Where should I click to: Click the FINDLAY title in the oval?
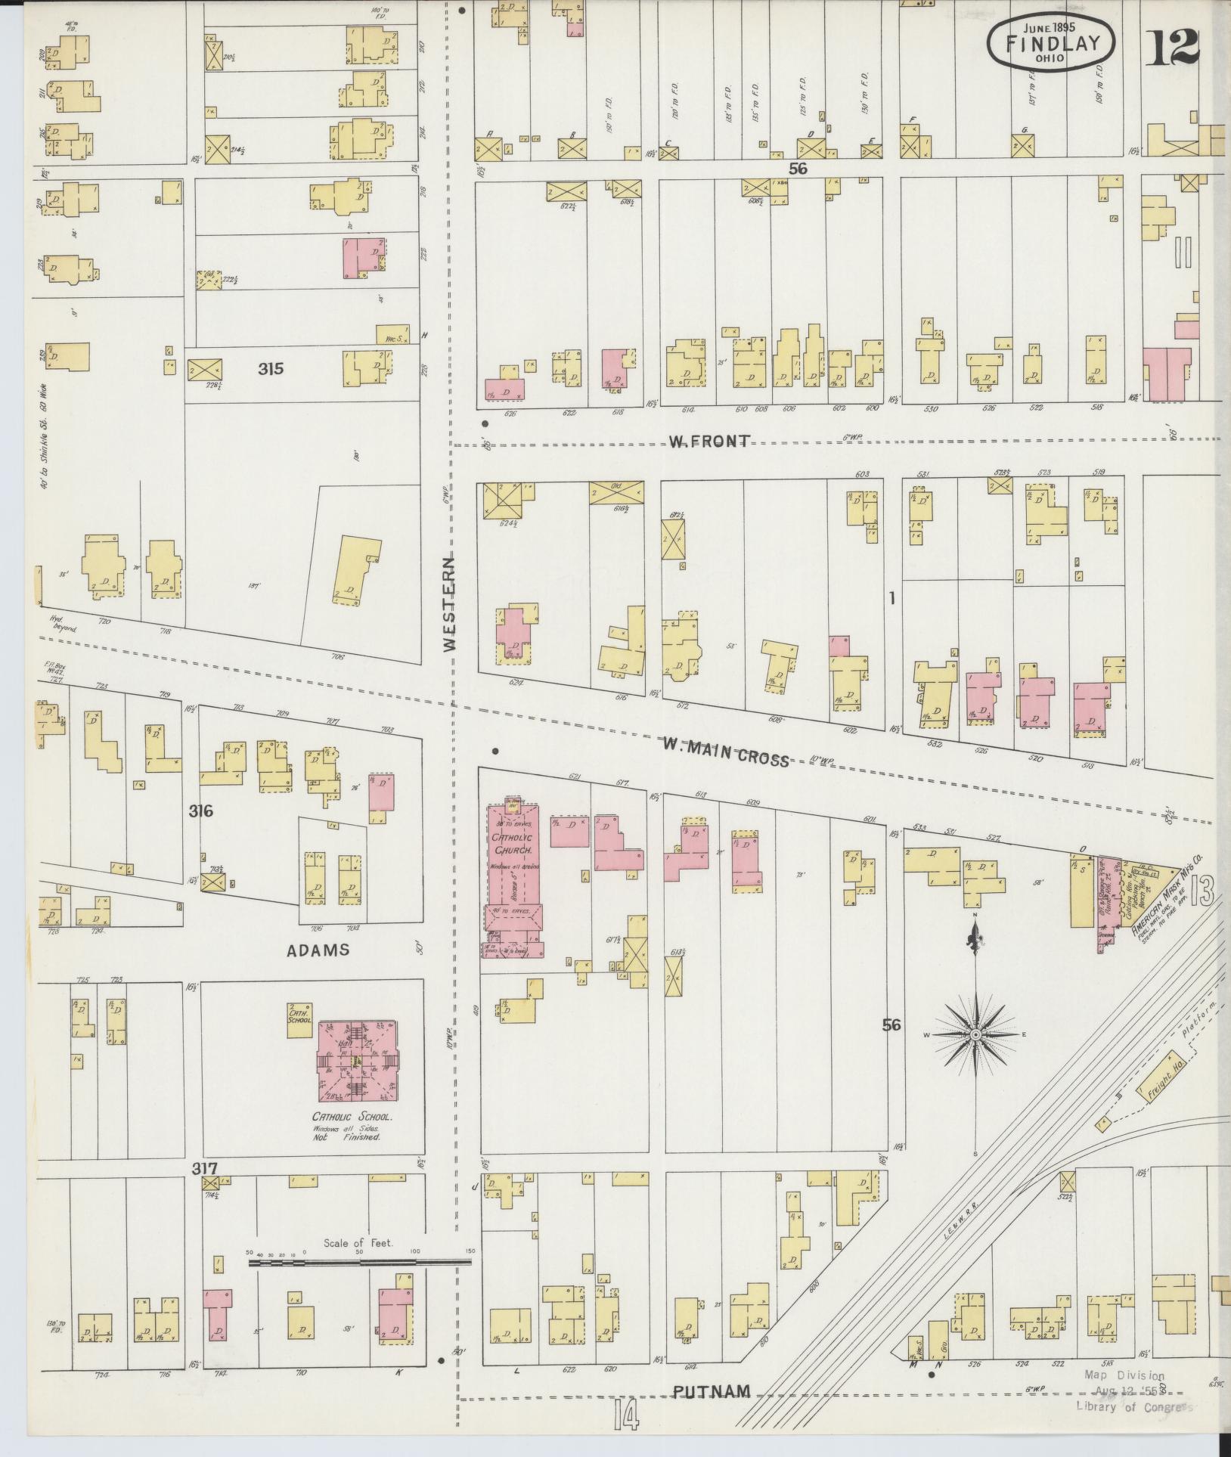tap(1050, 43)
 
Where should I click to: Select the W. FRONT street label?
tap(709, 442)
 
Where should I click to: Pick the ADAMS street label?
tap(318, 950)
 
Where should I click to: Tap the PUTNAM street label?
tap(711, 1391)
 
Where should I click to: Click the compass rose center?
tap(975, 1034)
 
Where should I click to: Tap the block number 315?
tap(270, 369)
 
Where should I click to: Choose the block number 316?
tap(201, 811)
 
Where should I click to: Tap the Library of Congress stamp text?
tap(1133, 1406)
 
